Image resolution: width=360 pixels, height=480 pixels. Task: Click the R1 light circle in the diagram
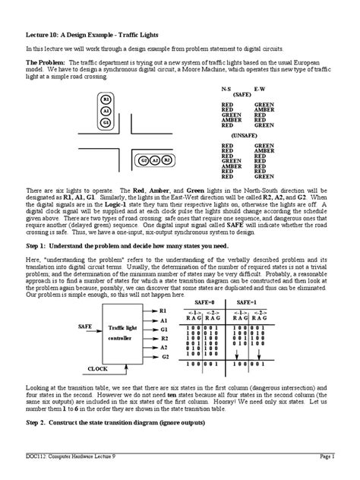pyautogui.click(x=106, y=100)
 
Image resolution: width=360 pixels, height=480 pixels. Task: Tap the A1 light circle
pyautogui.click(x=106, y=111)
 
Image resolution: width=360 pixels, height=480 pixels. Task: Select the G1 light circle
pyautogui.click(x=106, y=122)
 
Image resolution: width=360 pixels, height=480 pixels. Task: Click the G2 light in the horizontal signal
pyautogui.click(x=144, y=161)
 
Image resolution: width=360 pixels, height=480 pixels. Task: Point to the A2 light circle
pyautogui.click(x=155, y=161)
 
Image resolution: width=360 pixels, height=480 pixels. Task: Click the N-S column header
pyautogui.click(x=226, y=90)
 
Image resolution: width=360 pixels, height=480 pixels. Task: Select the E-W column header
pyautogui.click(x=260, y=90)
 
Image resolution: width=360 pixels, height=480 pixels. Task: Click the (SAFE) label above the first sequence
pyautogui.click(x=242, y=96)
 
